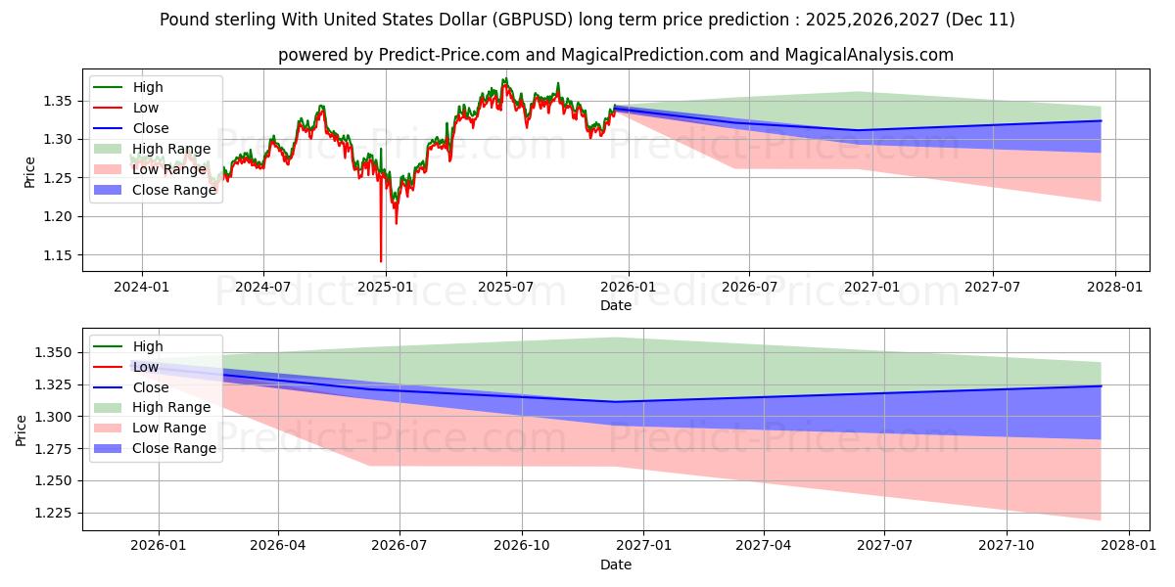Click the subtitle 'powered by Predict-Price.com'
[x=615, y=55]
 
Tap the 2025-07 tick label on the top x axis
[x=505, y=288]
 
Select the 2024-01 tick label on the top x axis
[x=142, y=288]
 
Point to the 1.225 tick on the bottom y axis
[x=53, y=513]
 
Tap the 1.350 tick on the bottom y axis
[x=53, y=352]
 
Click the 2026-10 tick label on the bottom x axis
[x=521, y=547]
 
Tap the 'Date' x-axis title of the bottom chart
[x=615, y=564]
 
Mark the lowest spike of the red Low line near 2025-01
[x=381, y=261]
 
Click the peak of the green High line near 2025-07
[x=505, y=78]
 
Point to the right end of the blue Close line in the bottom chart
[x=1101, y=386]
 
